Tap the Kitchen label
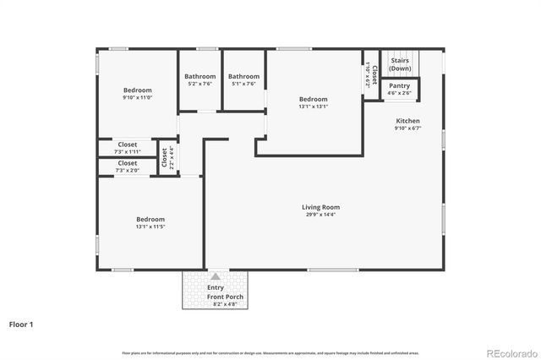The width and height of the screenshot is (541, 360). coord(407,121)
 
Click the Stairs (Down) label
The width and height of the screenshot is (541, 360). coord(400,64)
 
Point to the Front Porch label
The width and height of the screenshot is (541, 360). coord(216,297)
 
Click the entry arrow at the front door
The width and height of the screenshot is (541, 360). coord(216,276)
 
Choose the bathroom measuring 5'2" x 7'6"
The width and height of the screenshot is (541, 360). coord(199,80)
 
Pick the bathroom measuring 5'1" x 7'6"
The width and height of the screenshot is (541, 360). coord(243,80)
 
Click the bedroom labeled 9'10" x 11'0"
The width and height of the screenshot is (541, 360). coord(137,94)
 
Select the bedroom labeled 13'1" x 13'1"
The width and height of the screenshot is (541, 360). coord(312,102)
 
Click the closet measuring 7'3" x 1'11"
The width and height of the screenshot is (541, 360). coord(128,148)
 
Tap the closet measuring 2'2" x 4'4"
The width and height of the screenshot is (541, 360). coord(167,158)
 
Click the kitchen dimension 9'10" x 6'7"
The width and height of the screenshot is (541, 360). coord(407,128)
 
